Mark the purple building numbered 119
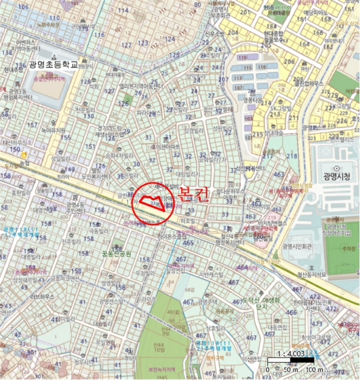point(242,57)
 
